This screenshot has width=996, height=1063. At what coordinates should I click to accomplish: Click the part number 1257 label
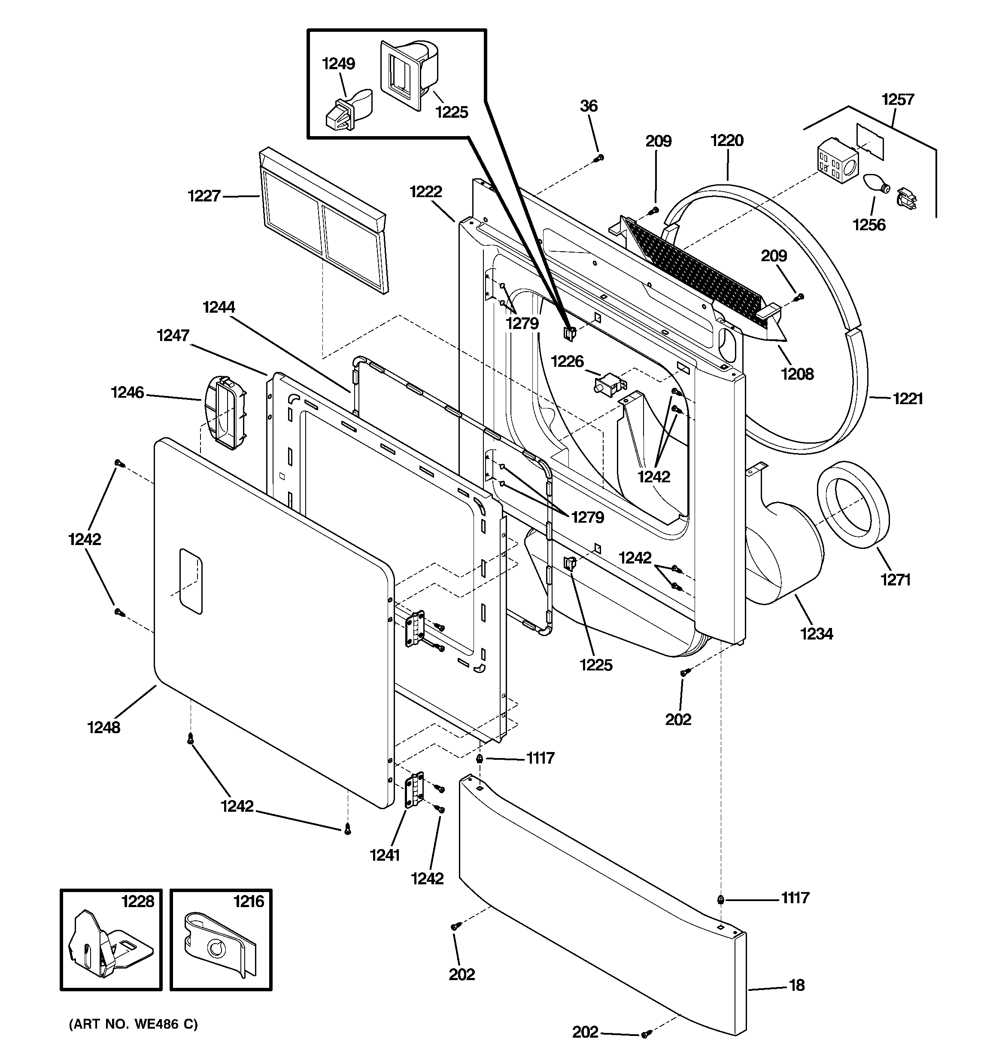(x=898, y=100)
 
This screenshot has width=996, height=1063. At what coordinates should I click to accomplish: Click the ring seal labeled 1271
(x=852, y=504)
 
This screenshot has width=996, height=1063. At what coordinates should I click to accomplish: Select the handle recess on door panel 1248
(x=191, y=581)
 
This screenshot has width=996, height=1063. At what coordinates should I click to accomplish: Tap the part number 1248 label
(x=104, y=727)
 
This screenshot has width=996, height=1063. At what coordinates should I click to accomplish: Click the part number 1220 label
(x=726, y=140)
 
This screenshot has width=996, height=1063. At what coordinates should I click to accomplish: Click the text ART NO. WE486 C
(x=133, y=1024)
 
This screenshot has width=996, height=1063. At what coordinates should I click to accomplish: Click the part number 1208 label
(x=797, y=374)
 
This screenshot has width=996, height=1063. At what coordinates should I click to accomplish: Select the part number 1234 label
(x=817, y=634)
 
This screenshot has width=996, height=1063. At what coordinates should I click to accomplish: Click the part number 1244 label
(x=219, y=307)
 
